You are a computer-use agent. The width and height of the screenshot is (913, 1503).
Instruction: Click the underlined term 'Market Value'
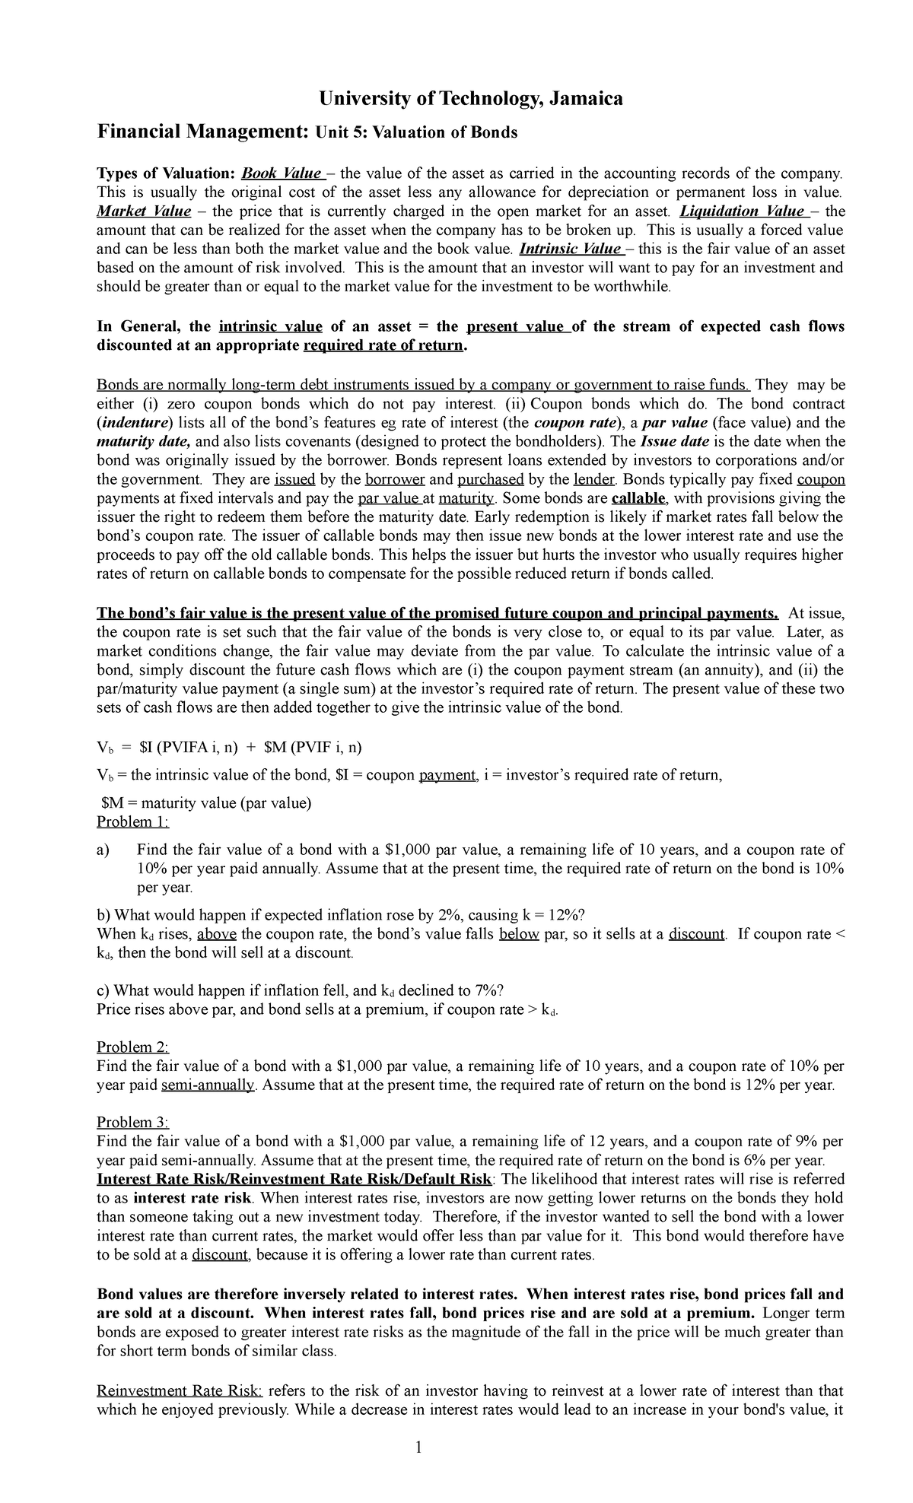(144, 211)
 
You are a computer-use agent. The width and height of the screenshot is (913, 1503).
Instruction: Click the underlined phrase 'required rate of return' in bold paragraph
(383, 345)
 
